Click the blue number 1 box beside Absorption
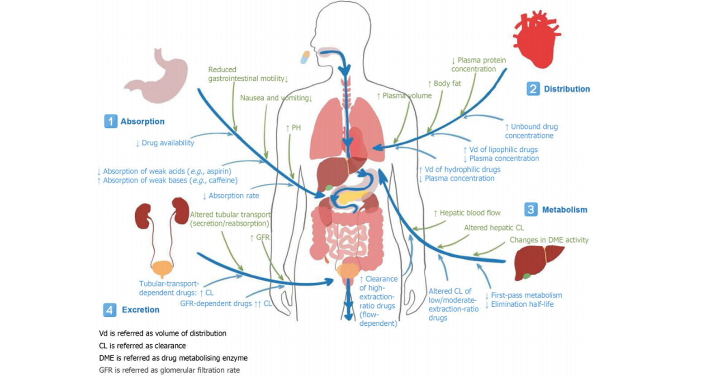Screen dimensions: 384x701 click(110, 121)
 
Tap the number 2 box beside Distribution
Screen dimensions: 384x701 click(533, 89)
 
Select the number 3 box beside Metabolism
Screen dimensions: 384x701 click(530, 209)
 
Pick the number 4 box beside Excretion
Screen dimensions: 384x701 click(109, 309)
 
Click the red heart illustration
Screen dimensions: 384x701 click(537, 41)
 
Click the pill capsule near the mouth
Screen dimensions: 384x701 click(305, 57)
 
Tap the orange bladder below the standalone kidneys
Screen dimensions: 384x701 click(162, 268)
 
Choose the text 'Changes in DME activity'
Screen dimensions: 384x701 click(549, 240)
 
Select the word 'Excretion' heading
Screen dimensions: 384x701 click(141, 309)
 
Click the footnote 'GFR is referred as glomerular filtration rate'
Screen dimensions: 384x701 click(169, 370)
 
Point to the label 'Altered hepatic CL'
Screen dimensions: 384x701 click(494, 228)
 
